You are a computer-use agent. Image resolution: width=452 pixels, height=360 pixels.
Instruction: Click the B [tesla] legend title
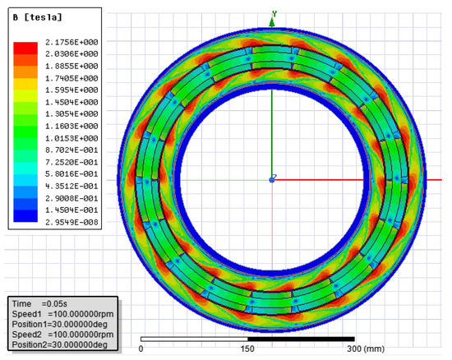[38, 17]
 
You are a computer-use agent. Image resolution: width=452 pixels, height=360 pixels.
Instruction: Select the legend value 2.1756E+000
[71, 42]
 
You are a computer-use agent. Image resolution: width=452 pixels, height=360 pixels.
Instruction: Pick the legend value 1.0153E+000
[71, 138]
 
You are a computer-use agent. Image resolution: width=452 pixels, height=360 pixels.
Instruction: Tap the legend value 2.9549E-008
[71, 222]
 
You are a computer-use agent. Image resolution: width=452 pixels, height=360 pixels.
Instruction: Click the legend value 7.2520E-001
[71, 162]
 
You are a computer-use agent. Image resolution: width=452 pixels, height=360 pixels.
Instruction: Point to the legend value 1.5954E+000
[71, 90]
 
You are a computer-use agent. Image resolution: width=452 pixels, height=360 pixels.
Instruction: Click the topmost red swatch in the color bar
[25, 48]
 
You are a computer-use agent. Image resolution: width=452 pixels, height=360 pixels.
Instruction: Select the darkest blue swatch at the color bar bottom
[25, 216]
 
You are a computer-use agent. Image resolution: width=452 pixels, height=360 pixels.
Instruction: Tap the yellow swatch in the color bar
[25, 84]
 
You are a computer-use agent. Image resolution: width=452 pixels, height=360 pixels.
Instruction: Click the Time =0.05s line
[39, 304]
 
